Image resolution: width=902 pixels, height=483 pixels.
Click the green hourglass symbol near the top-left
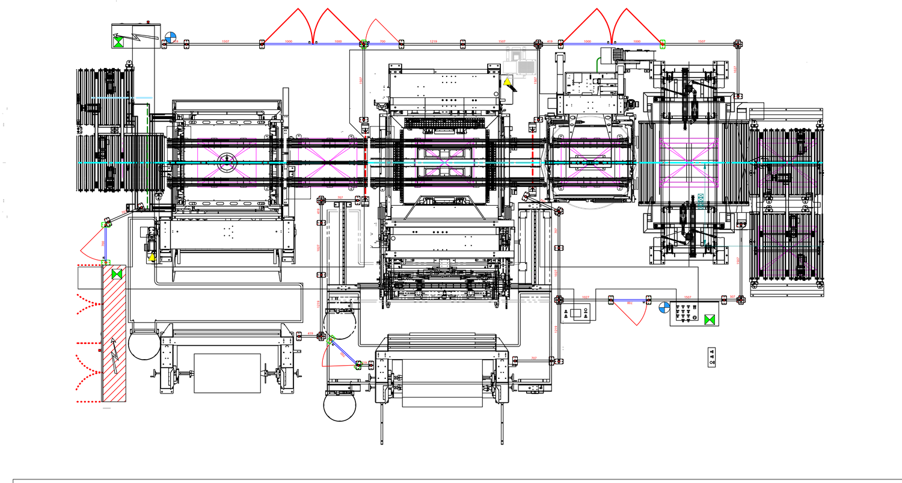(118, 42)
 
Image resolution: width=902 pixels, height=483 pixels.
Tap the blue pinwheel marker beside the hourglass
(172, 37)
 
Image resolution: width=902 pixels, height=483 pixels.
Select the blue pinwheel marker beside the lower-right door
(664, 307)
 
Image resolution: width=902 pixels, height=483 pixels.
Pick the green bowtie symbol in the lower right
(710, 320)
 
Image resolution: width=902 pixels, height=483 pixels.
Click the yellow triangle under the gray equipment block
(507, 81)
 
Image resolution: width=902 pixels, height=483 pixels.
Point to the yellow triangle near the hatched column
(152, 257)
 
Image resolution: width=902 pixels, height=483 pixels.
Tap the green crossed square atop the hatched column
(117, 274)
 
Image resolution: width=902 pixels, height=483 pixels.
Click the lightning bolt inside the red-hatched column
(114, 355)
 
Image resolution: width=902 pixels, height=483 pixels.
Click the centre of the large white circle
(590, 162)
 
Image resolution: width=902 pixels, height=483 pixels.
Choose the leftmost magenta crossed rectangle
(227, 162)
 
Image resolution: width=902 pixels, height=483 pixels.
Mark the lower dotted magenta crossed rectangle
(788, 250)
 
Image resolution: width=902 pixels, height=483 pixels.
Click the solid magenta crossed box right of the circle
(689, 162)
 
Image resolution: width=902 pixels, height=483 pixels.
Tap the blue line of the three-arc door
(313, 44)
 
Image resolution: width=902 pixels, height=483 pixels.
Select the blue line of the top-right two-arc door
(611, 44)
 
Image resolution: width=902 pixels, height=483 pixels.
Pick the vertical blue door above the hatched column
(105, 243)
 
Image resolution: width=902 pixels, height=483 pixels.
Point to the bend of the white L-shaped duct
(359, 211)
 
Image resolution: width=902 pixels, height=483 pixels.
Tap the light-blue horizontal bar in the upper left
(144, 97)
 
